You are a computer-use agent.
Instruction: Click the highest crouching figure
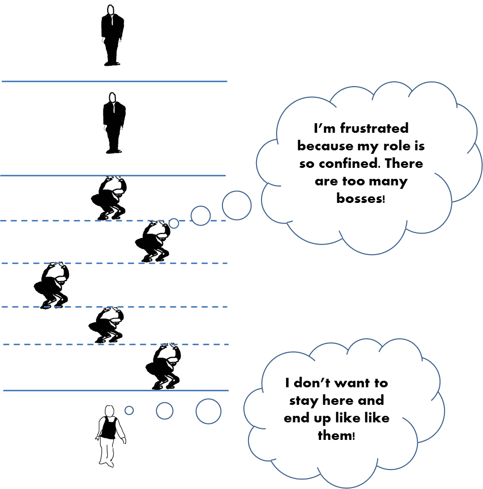click(x=111, y=198)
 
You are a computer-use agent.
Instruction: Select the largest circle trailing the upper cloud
click(x=236, y=205)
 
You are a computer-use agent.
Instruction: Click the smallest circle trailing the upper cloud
click(x=174, y=223)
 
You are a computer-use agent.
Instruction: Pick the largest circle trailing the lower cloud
click(x=208, y=411)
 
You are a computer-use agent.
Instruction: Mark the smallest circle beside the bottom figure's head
click(x=129, y=410)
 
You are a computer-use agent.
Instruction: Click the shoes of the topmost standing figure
click(x=112, y=63)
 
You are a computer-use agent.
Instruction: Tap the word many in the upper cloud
click(x=389, y=181)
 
